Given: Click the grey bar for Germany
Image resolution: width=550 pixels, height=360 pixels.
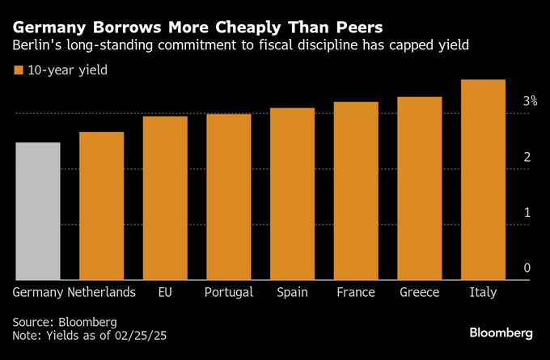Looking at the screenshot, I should [x=37, y=211].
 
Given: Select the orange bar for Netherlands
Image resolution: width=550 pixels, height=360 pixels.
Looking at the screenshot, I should [x=101, y=205].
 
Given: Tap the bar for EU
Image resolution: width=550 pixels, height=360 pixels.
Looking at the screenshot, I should [x=165, y=198].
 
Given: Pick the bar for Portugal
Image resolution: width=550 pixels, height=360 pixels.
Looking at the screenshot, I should [x=229, y=197].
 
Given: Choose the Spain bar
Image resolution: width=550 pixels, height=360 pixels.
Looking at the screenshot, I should [x=292, y=194].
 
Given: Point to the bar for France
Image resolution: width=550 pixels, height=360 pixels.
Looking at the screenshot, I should [x=356, y=191].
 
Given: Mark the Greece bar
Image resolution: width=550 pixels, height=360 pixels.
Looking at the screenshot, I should [x=420, y=188].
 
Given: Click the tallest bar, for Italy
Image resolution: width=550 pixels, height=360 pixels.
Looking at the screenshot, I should [x=483, y=180].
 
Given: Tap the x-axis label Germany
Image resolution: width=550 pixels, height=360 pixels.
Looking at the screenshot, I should [x=37, y=292].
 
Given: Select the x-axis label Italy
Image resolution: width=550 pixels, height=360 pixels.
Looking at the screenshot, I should [x=483, y=292].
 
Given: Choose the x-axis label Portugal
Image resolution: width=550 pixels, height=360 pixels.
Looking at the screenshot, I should [x=229, y=292].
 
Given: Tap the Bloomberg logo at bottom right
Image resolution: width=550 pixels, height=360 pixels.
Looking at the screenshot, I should [x=501, y=332].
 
